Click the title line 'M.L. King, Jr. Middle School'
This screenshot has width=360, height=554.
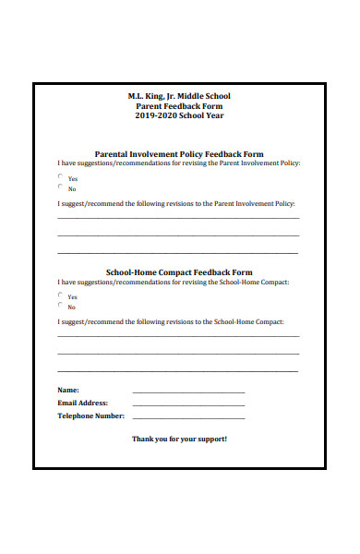tap(179, 96)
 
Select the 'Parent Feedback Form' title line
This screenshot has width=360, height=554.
tap(179, 106)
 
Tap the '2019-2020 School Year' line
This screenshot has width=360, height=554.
tap(179, 116)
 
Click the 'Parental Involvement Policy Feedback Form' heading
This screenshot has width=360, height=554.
tap(179, 154)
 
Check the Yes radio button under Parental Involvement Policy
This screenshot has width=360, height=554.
tap(61, 176)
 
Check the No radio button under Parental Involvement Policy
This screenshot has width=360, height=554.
tap(61, 187)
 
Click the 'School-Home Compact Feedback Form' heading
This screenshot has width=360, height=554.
tap(179, 273)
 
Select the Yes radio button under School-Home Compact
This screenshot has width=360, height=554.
tap(61, 295)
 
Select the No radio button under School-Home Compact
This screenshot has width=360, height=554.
tap(61, 305)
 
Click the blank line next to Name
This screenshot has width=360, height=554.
tap(188, 391)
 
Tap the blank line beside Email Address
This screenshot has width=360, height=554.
tap(188, 404)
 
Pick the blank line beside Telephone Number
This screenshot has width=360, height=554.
tap(188, 417)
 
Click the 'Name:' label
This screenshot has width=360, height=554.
tap(68, 390)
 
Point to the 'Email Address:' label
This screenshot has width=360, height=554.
tap(82, 403)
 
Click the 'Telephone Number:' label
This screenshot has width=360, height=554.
tap(90, 415)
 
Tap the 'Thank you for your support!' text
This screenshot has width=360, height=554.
tap(179, 439)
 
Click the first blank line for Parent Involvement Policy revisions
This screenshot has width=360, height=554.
tap(177, 218)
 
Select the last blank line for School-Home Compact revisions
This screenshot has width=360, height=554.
tap(177, 370)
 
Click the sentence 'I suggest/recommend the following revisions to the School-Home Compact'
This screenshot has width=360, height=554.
tap(171, 321)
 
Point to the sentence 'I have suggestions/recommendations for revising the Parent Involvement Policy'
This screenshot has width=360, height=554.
tap(178, 163)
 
